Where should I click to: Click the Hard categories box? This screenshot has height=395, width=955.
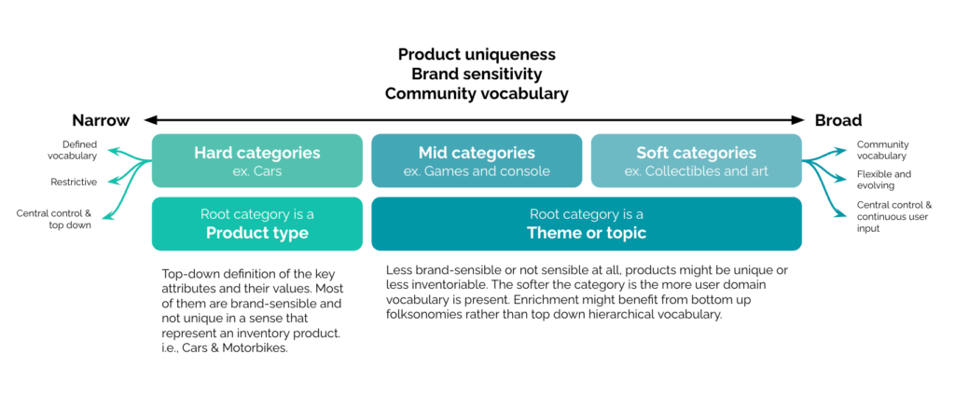point(257,160)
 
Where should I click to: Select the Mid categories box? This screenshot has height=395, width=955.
point(477,160)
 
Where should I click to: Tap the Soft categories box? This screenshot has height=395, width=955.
point(696,160)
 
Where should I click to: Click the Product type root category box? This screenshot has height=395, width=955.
point(257,224)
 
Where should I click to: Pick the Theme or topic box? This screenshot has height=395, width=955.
point(587,224)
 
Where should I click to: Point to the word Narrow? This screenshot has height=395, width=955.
point(101,120)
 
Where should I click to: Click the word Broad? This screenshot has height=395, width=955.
point(838,120)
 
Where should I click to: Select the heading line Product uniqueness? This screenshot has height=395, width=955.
point(477,54)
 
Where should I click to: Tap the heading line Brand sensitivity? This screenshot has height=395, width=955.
point(477,74)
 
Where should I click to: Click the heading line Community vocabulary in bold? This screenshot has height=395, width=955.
point(477,94)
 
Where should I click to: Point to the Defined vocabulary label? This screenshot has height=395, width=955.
point(79,150)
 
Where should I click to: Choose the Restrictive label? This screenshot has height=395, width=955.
point(74,182)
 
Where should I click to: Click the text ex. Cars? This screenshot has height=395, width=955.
point(257,171)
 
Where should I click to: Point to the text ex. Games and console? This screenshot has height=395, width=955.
point(477,171)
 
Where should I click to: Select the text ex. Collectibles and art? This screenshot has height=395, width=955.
point(696,171)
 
